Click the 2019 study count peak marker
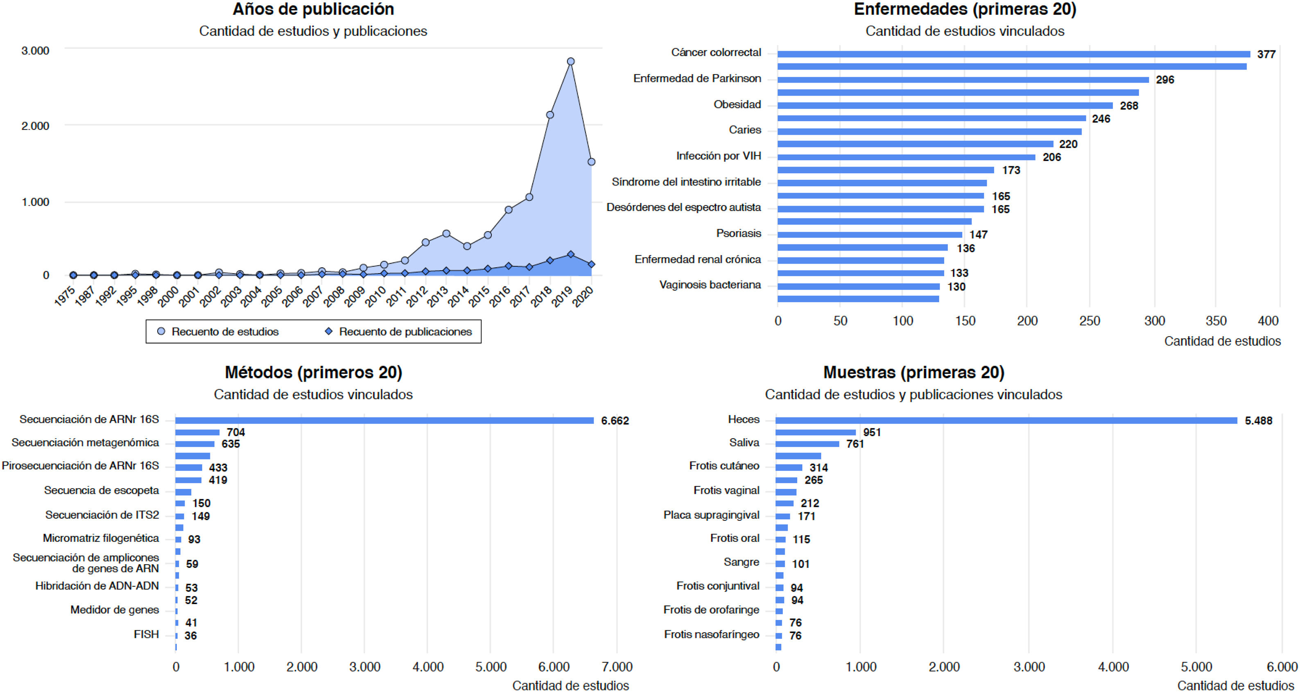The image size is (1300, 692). tap(571, 61)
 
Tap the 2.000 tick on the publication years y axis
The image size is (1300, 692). tap(35, 126)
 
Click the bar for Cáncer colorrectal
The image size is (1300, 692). tap(1013, 54)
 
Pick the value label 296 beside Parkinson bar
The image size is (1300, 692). tap(1165, 80)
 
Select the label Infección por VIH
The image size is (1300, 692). tap(718, 156)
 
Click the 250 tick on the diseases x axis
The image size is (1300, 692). tap(1089, 321)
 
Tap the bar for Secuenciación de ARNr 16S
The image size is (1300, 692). tap(384, 421)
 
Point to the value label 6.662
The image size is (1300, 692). tap(615, 421)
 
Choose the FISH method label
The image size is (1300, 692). tap(146, 634)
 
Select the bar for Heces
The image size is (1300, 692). tap(1006, 421)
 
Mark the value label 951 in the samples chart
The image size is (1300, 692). tap(872, 432)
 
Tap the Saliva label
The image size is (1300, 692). tap(744, 443)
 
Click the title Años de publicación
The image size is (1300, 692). tap(313, 9)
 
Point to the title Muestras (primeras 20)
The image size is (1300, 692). tap(913, 373)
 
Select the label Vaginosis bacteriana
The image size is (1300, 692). tap(710, 285)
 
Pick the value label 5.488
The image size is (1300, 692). tap(1258, 421)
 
